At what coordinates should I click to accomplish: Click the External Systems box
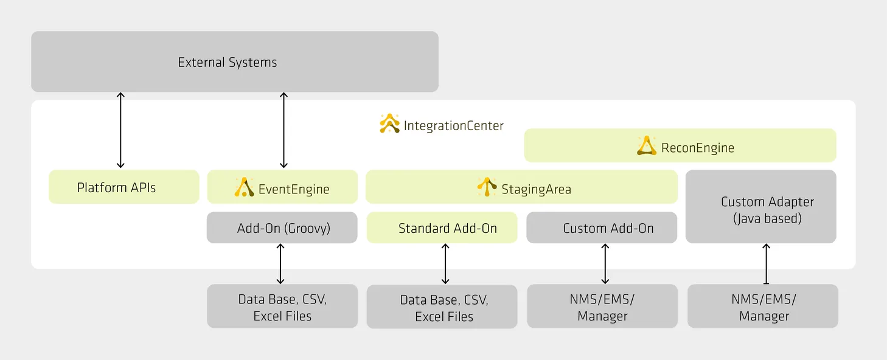(234, 62)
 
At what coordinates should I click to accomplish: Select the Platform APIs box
(123, 187)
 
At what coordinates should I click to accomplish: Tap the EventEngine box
(282, 187)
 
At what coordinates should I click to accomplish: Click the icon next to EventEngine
(244, 187)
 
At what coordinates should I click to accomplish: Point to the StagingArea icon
(487, 187)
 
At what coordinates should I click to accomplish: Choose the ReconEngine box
(680, 145)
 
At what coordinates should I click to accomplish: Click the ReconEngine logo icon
(647, 146)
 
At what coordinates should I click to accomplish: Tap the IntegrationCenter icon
(389, 123)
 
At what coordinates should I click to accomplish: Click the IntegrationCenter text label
(453, 126)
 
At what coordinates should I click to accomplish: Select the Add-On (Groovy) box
(282, 228)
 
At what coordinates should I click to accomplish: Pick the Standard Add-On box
(442, 228)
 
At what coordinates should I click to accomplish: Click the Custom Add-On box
(602, 228)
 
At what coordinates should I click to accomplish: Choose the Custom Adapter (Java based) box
(761, 207)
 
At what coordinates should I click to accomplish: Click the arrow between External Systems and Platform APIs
(120, 130)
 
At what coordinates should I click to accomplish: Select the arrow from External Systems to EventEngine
(283, 130)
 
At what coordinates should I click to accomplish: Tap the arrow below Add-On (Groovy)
(280, 263)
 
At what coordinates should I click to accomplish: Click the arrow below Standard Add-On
(445, 263)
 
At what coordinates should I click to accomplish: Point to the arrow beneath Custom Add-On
(605, 263)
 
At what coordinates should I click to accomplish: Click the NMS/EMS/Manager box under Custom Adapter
(763, 306)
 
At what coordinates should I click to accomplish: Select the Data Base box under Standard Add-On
(442, 306)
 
